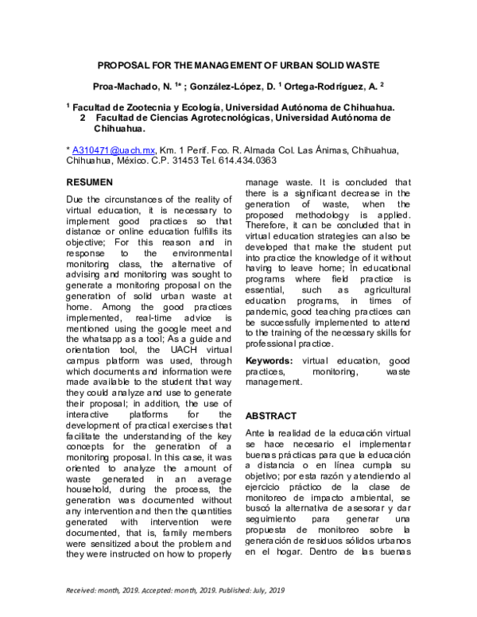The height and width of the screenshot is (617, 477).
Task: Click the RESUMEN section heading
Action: [x=89, y=182]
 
